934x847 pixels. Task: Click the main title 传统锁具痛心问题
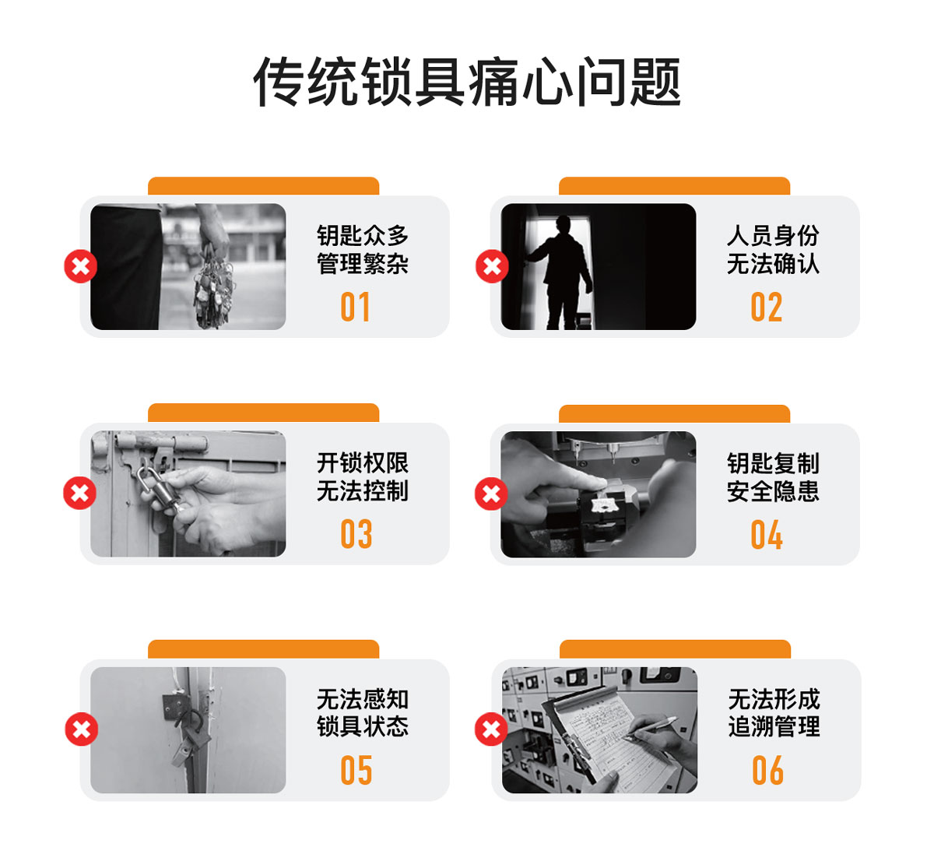467,82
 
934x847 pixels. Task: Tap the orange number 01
355,307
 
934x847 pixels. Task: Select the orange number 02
766,307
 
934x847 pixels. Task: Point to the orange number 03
356,534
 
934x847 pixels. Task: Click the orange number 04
767,534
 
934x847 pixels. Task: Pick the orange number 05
356,770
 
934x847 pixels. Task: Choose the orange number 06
767,770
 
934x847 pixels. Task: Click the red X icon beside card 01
80,266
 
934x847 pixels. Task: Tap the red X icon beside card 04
491,494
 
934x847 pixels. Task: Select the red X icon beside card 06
491,729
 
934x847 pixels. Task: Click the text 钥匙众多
362,235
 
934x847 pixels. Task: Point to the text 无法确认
773,264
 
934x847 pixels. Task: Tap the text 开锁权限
362,462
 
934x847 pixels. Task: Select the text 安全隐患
773,491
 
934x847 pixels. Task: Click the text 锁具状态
362,726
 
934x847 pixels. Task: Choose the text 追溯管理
774,726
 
